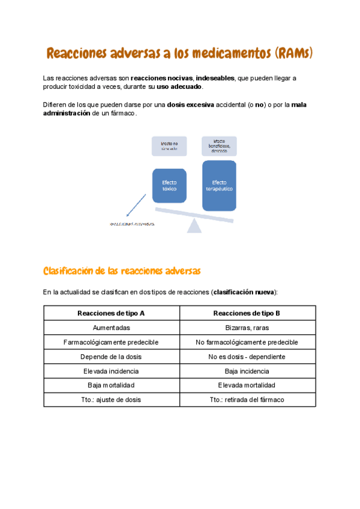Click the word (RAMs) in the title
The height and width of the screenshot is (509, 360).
pyautogui.click(x=294, y=54)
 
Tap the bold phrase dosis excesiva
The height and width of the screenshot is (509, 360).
pyautogui.click(x=190, y=104)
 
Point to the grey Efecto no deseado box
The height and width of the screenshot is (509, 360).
pyautogui.click(x=169, y=146)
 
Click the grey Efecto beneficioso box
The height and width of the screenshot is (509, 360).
pyautogui.click(x=219, y=146)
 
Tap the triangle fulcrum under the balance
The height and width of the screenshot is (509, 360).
pyautogui.click(x=194, y=226)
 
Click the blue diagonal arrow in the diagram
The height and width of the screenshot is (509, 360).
pyautogui.click(x=136, y=204)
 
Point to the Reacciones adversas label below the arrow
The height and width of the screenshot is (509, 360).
pyautogui.click(x=131, y=224)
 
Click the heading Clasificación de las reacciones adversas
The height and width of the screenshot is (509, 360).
pyautogui.click(x=122, y=271)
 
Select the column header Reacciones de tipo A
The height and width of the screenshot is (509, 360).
pyautogui.click(x=112, y=313)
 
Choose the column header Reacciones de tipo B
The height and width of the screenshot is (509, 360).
pyautogui.click(x=247, y=313)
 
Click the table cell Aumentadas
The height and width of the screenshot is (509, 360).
pyautogui.click(x=112, y=328)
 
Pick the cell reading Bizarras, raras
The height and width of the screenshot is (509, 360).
pyautogui.click(x=247, y=328)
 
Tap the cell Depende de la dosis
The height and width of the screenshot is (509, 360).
pyautogui.click(x=112, y=357)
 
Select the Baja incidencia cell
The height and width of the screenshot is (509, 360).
pyautogui.click(x=247, y=371)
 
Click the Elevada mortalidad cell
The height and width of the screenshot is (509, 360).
pyautogui.click(x=247, y=385)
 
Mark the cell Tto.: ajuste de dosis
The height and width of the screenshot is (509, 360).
pyautogui.click(x=112, y=400)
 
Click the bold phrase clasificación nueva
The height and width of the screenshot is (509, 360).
pyautogui.click(x=244, y=292)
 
